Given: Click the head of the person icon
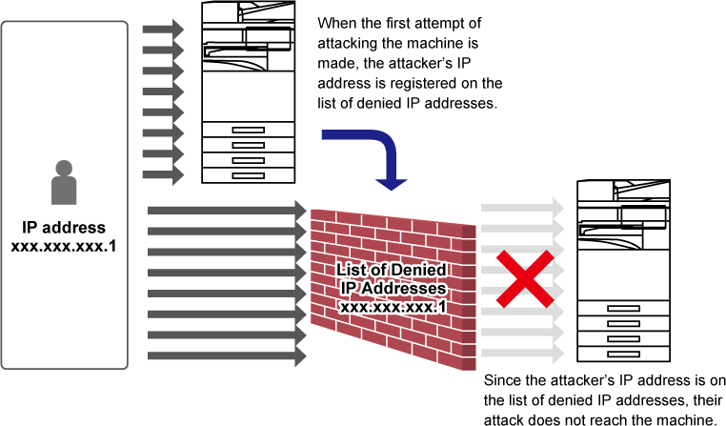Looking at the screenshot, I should click(64, 168).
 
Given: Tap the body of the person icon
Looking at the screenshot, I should click(64, 191).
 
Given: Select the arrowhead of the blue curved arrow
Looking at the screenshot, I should click(391, 183).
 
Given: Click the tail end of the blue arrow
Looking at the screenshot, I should click(327, 135).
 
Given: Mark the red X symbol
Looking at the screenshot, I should click(524, 279).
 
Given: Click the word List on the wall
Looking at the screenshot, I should click(352, 271).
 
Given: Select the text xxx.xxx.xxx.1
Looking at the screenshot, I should click(393, 307).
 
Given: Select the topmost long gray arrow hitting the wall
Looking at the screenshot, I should click(224, 210).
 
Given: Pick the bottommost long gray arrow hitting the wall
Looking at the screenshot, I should click(224, 356).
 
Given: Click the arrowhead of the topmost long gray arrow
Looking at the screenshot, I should click(301, 210).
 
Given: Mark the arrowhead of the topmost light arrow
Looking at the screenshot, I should click(559, 207).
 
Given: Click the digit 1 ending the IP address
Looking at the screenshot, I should click(442, 307).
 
